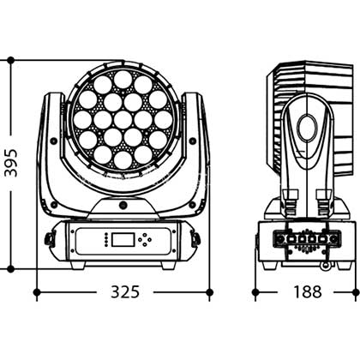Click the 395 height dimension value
tap(12, 163)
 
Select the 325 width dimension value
tap(125, 291)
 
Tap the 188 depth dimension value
tap(308, 291)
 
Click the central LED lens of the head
tap(123, 119)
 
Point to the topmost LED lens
tap(123, 80)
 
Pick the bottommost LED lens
tap(123, 159)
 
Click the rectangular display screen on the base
tap(123, 239)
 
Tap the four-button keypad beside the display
tap(145, 239)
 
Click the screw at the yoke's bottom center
tap(123, 205)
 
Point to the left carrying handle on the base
tap(49, 239)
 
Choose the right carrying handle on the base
tap(196, 239)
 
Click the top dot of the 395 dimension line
tap(11, 60)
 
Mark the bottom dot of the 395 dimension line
tap(11, 268)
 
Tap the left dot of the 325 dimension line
tap(37, 292)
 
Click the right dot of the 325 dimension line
tap(210, 292)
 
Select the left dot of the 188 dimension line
tap(255, 292)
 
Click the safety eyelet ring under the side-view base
tap(325, 266)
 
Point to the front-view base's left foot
tap(78, 265)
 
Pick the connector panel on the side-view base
tap(307, 238)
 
